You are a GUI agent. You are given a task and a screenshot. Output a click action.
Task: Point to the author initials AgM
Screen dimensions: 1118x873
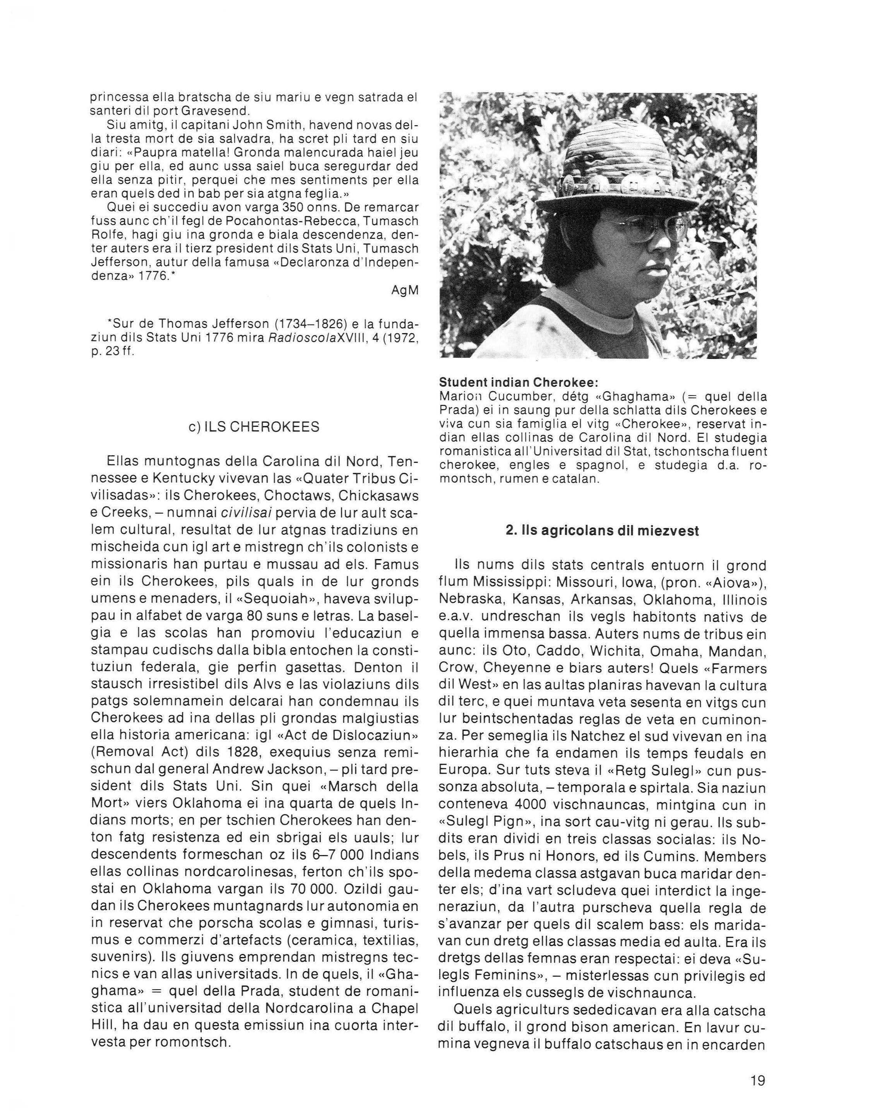405,290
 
